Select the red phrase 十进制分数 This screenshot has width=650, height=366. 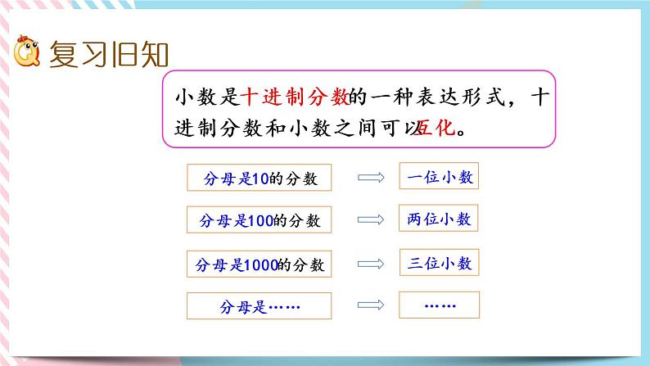click(296, 98)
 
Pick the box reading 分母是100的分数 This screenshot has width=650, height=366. click(260, 221)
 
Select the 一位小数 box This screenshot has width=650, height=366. click(439, 176)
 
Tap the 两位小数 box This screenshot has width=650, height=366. click(439, 219)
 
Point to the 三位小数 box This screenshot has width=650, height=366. click(439, 263)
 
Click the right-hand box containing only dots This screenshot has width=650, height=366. click(439, 305)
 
